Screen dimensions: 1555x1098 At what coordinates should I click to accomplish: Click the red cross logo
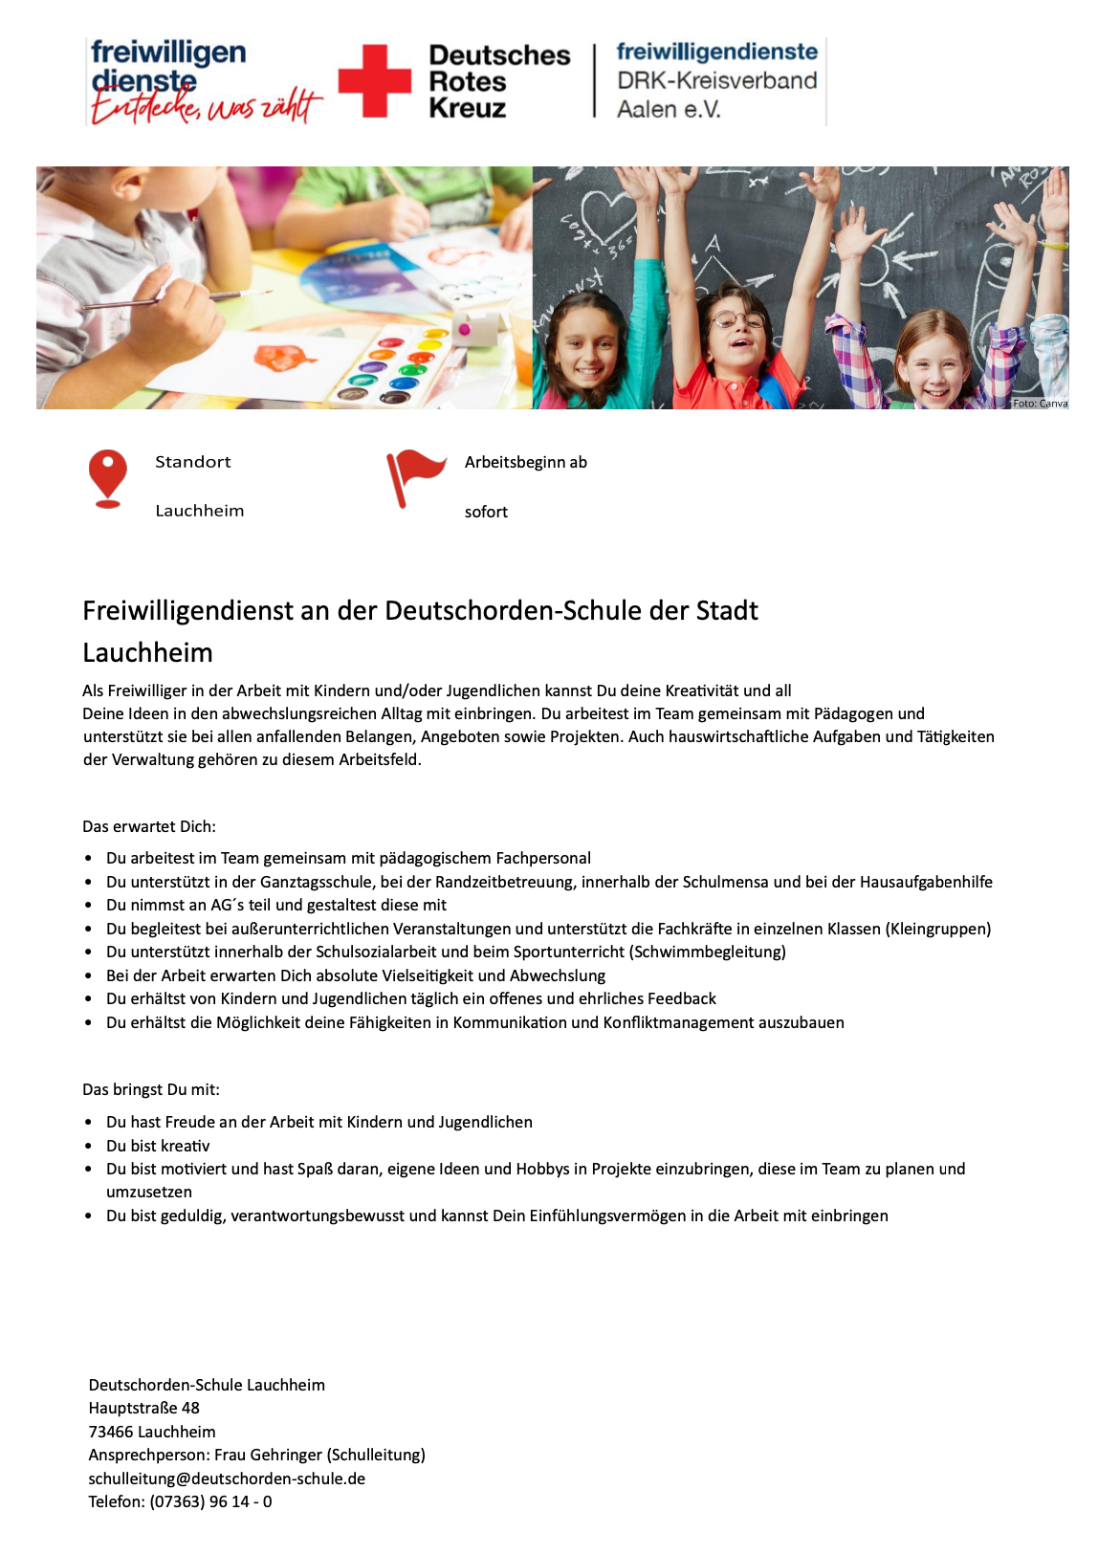(x=375, y=81)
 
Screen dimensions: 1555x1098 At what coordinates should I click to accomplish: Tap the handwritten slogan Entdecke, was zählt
(x=206, y=105)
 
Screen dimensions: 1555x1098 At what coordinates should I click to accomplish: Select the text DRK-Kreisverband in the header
(x=716, y=80)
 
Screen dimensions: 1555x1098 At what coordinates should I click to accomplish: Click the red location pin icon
(x=108, y=476)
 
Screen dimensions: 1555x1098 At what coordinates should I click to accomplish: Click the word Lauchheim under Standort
(x=200, y=511)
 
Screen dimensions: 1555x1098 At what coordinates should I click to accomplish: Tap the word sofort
(x=486, y=512)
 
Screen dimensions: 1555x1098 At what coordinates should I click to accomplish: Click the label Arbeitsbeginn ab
(x=525, y=462)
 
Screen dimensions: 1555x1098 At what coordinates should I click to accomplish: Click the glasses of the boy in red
(x=736, y=318)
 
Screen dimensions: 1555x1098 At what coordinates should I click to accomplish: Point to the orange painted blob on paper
(x=285, y=359)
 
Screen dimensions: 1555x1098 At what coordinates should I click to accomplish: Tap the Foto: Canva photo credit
(x=1040, y=404)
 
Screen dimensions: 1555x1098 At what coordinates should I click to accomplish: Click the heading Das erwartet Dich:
(x=149, y=826)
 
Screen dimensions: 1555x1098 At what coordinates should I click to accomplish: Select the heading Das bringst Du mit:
(x=151, y=1089)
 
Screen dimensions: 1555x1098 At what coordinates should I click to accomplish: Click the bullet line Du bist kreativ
(x=158, y=1146)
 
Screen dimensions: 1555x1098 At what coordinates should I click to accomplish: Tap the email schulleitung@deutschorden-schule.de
(x=227, y=1478)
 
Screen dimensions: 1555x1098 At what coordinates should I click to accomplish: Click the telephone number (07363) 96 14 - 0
(x=210, y=1501)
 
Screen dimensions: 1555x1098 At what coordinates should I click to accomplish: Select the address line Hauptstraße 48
(x=143, y=1408)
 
